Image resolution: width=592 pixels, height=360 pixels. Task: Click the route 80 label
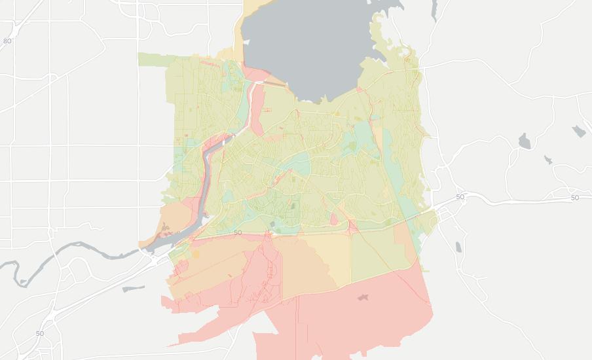(x=7, y=41)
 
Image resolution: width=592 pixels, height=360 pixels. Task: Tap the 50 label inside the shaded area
(x=237, y=232)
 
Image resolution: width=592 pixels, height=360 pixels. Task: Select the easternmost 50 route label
(x=574, y=197)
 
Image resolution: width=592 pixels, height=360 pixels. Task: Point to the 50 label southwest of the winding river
(x=40, y=333)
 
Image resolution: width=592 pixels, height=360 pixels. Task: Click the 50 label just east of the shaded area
(x=460, y=196)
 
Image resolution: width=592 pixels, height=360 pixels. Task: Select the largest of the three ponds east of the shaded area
(x=523, y=141)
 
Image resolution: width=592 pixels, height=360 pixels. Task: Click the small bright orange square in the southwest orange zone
(x=194, y=254)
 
